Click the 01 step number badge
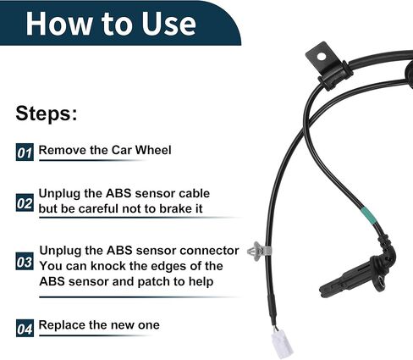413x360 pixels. [x=25, y=152]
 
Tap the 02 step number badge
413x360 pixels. [x=25, y=202]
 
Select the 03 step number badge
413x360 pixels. [x=25, y=261]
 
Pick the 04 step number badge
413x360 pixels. [x=25, y=328]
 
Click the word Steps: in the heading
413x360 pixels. [x=47, y=114]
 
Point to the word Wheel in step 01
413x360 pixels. [x=153, y=150]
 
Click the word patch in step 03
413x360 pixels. [x=154, y=282]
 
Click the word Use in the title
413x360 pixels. [x=168, y=24]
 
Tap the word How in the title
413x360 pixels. [x=58, y=24]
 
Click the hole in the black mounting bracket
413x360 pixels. [x=322, y=57]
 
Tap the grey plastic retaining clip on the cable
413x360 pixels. [x=259, y=251]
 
